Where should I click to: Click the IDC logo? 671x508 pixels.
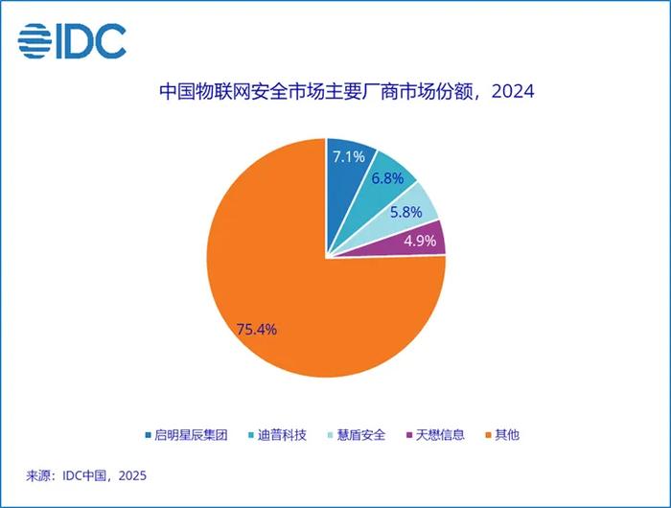[72, 41]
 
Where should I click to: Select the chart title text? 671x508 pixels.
[347, 92]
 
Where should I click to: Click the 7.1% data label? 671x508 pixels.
[349, 157]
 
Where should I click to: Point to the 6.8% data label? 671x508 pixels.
[387, 178]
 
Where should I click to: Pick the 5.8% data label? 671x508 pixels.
[406, 212]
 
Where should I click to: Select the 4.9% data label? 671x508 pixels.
[420, 241]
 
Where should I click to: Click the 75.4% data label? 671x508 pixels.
[257, 330]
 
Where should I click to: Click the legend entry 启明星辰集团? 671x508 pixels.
[187, 435]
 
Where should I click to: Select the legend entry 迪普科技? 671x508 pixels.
[277, 435]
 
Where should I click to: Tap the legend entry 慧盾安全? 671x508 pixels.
[357, 435]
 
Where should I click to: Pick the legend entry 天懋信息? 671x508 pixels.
[435, 435]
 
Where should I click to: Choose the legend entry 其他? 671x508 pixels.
[502, 435]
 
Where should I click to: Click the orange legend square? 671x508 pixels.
[488, 435]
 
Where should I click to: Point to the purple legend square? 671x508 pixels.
[409, 435]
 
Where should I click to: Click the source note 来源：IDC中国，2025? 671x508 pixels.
[86, 475]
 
